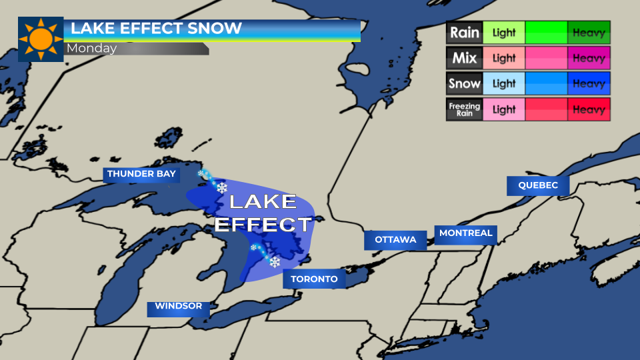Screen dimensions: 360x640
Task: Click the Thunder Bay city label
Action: [x=141, y=175]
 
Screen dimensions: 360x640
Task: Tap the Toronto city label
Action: [x=315, y=279]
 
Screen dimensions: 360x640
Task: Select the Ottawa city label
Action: [x=395, y=240]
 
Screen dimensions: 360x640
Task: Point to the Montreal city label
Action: [x=466, y=233]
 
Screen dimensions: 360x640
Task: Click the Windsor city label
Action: [x=178, y=307]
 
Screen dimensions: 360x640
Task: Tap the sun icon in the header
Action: [x=41, y=39]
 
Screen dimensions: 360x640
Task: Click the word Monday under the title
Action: [x=91, y=49]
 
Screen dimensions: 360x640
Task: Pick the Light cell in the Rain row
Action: [x=504, y=32]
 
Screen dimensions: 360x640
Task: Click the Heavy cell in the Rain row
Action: [x=589, y=32]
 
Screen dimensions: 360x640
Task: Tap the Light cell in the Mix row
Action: [x=504, y=58]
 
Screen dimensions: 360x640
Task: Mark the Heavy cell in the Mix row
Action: [x=589, y=58]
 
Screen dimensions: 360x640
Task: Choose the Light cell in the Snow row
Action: [x=504, y=84]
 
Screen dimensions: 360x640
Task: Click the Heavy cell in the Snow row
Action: [x=589, y=84]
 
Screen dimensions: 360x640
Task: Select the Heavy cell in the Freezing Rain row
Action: [x=589, y=110]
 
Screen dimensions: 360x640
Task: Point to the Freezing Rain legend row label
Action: [x=464, y=110]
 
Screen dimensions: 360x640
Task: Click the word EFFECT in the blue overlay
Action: [x=263, y=224]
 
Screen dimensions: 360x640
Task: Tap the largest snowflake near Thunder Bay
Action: [x=221, y=188]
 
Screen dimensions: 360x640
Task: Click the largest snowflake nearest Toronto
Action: [x=274, y=262]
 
